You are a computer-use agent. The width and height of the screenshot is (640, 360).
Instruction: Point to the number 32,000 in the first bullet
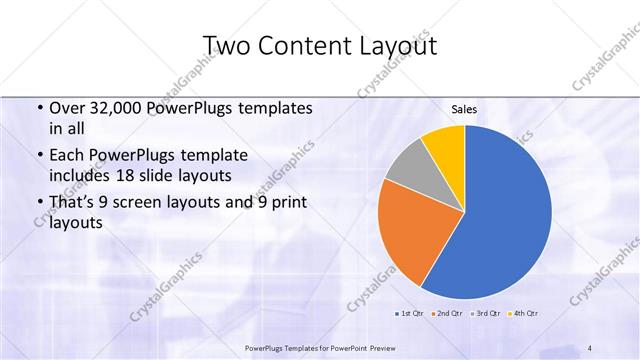coord(112,108)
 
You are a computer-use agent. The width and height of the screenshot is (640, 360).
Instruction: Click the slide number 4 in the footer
coord(590,347)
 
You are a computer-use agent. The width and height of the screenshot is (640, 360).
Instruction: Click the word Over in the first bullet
coord(65,108)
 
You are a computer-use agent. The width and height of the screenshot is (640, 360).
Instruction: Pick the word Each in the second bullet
coord(66,155)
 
